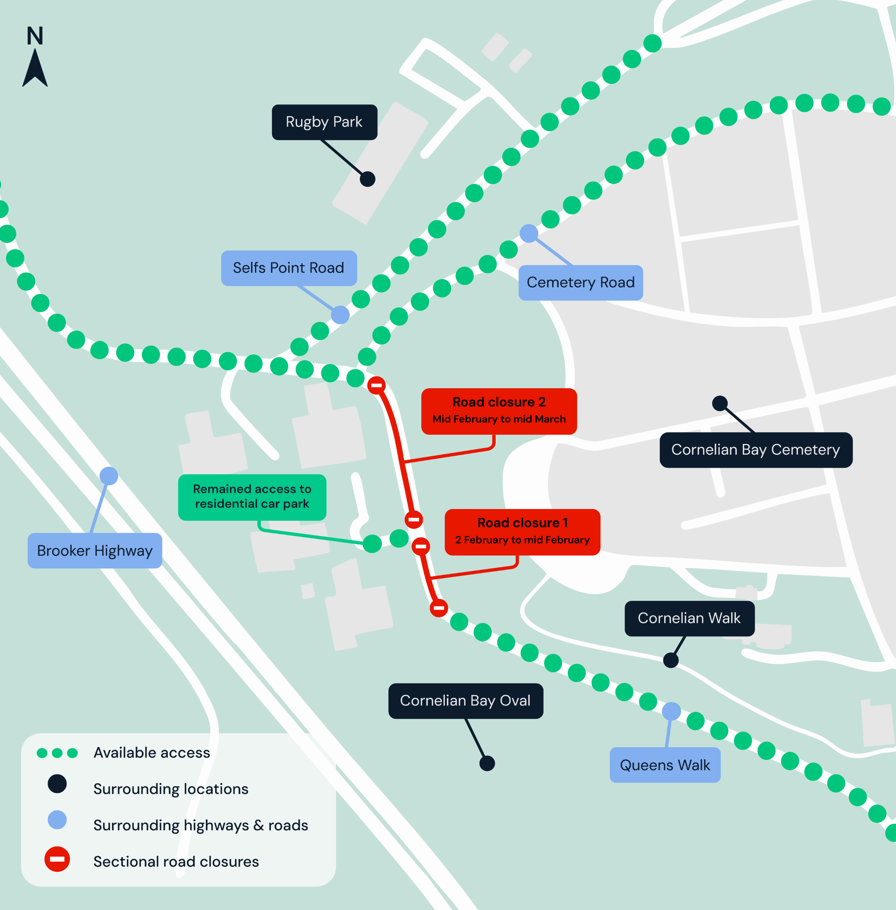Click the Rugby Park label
[x=324, y=122]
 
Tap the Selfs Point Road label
[x=288, y=268]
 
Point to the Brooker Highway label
[x=95, y=551]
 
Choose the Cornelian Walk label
[x=689, y=618]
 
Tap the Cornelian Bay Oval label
[x=465, y=701]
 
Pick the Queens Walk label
[x=665, y=765]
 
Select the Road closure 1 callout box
[x=522, y=532]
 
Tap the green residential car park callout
[x=252, y=497]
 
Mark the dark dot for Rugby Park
[x=368, y=179]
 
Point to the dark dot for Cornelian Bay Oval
[x=487, y=763]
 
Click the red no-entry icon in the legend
[x=57, y=859]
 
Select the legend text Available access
[x=151, y=753]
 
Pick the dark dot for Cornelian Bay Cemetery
[x=720, y=403]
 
